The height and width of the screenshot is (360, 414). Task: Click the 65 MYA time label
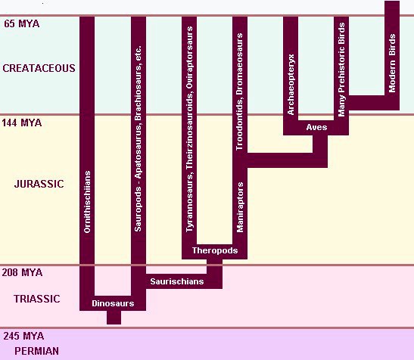point(22,23)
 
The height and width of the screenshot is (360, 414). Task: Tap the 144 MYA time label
point(22,123)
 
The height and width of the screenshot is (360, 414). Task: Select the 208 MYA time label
point(22,272)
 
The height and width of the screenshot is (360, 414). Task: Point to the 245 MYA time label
point(23,336)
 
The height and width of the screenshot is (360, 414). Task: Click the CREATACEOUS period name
point(39,68)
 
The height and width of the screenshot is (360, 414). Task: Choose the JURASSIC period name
point(39,184)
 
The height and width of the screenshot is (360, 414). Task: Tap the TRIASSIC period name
point(36,299)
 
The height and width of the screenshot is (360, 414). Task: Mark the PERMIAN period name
point(36,351)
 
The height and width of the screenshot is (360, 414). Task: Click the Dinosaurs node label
point(113,303)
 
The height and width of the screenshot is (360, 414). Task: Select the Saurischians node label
point(177,281)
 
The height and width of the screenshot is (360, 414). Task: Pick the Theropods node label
point(215,250)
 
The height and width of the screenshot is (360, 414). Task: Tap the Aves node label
point(316,127)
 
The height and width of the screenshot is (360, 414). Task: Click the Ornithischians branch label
point(87,202)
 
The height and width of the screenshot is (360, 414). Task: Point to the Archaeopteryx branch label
point(291,85)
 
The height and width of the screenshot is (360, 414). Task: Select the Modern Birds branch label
point(392,63)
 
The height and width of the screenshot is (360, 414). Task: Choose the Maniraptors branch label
point(240,207)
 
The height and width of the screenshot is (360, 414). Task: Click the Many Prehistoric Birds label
point(341,70)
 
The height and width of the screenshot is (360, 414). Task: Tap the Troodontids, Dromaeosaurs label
point(239,92)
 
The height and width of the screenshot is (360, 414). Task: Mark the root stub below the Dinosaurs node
point(114,318)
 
